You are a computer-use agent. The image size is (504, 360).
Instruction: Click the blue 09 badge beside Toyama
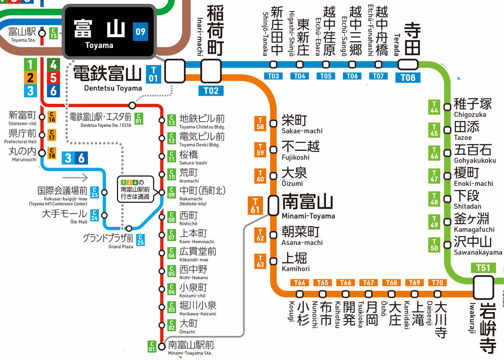140,32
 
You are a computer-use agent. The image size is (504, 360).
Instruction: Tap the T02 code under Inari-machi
211,91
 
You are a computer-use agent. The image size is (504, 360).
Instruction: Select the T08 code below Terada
408,77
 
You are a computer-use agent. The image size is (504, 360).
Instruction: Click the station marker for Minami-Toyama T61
273,205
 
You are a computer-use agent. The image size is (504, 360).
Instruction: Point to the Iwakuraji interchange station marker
483,287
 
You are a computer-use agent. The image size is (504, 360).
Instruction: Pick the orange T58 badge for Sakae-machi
260,123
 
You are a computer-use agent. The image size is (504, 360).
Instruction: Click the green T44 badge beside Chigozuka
434,107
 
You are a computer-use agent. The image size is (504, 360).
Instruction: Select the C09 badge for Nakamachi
171,192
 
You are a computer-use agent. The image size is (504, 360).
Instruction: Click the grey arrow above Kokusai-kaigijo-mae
75,177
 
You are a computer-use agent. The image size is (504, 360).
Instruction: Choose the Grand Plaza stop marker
129,228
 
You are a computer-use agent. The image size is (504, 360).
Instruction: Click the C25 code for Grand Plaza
140,240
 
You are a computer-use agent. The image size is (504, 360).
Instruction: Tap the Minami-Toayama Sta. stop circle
162,346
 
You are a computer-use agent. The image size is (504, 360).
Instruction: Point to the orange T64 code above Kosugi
299,282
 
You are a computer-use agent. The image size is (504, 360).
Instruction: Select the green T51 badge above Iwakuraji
483,268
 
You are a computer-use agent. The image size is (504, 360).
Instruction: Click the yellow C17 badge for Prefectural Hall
52,135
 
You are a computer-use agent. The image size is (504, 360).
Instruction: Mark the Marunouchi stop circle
42,153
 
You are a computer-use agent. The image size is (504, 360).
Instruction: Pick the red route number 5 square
53,78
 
